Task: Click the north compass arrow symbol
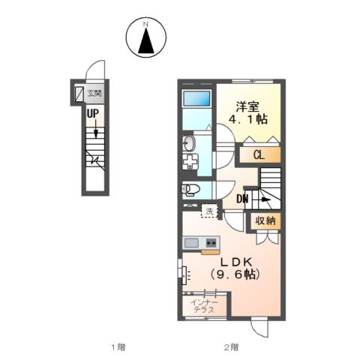coord(146,40)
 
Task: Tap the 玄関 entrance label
coord(94,94)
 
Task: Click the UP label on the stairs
coord(93,114)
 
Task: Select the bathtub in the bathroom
coord(196,98)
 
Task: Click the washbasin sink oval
coord(189,143)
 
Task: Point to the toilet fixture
coord(190,190)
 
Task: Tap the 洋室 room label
coord(247,107)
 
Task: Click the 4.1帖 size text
coord(248,119)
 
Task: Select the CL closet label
coord(259,155)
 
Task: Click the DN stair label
coord(242,199)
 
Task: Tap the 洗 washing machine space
coord(209,211)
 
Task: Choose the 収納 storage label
coord(265,220)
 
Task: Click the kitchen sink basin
coord(191,243)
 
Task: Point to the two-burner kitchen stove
coord(211,242)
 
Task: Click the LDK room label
coord(235,262)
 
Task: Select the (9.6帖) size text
coord(235,274)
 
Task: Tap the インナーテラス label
coord(204,306)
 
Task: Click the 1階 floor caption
coord(118,347)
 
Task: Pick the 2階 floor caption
coord(231,347)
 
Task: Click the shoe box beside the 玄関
coord(79,94)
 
